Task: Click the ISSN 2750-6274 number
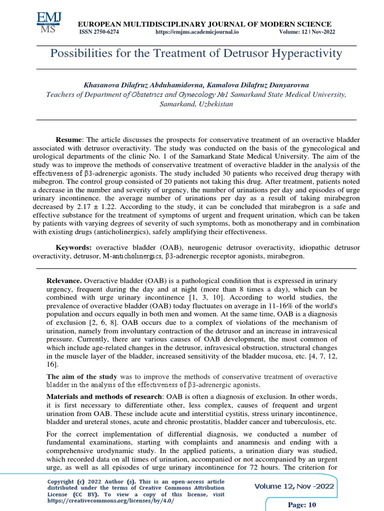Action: pyautogui.click(x=99, y=32)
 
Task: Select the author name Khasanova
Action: pyautogui.click(x=101, y=85)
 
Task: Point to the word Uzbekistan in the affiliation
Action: pyautogui.click(x=213, y=104)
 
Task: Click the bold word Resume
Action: pyautogui.click(x=68, y=141)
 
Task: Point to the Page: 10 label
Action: pyautogui.click(x=302, y=505)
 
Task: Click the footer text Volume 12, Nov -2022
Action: pyautogui.click(x=294, y=487)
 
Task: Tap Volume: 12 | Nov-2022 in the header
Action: pyautogui.click(x=307, y=32)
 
